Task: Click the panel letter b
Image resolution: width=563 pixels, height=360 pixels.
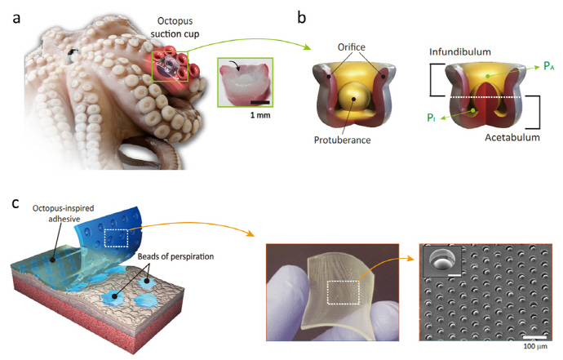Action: click(x=299, y=16)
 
